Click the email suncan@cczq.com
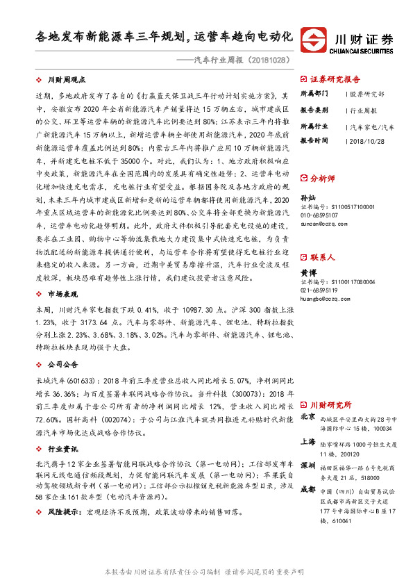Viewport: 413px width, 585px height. click(321, 224)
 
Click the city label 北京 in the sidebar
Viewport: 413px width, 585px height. click(309, 417)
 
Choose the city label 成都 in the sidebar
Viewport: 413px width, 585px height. click(309, 489)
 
